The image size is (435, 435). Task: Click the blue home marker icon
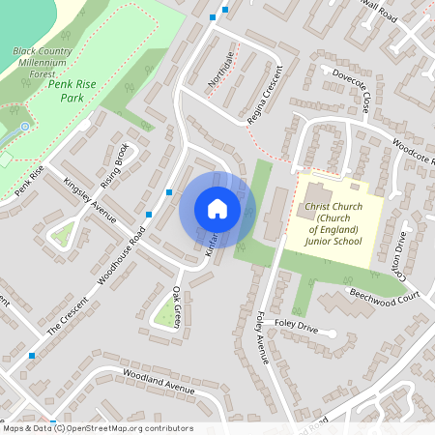[x=217, y=208]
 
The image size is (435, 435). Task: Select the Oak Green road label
[x=176, y=307]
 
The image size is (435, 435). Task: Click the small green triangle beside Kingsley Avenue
[x=64, y=233]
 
